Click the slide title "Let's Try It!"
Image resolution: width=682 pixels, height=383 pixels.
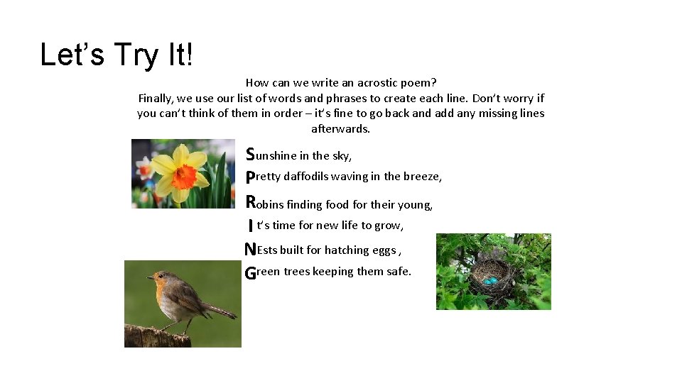tap(117, 55)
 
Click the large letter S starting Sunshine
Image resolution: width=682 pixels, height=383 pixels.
tap(250, 154)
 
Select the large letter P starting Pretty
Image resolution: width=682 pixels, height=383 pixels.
tap(250, 177)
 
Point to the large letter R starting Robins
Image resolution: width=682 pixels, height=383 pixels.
tap(251, 201)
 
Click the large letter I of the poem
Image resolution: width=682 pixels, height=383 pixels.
tap(251, 226)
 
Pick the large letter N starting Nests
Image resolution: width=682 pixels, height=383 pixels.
tap(250, 250)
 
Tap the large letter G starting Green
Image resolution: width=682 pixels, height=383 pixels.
tap(250, 272)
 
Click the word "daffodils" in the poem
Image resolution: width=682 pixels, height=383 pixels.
tap(305, 177)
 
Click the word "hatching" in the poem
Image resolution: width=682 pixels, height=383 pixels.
tap(347, 250)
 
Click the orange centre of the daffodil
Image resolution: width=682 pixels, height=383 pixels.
tap(183, 175)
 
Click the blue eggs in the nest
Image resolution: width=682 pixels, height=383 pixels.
tap(490, 281)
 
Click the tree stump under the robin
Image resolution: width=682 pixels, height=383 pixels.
tap(157, 336)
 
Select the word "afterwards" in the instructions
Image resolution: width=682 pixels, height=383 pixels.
tap(340, 129)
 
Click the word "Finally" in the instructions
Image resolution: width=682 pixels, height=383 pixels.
tap(155, 99)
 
